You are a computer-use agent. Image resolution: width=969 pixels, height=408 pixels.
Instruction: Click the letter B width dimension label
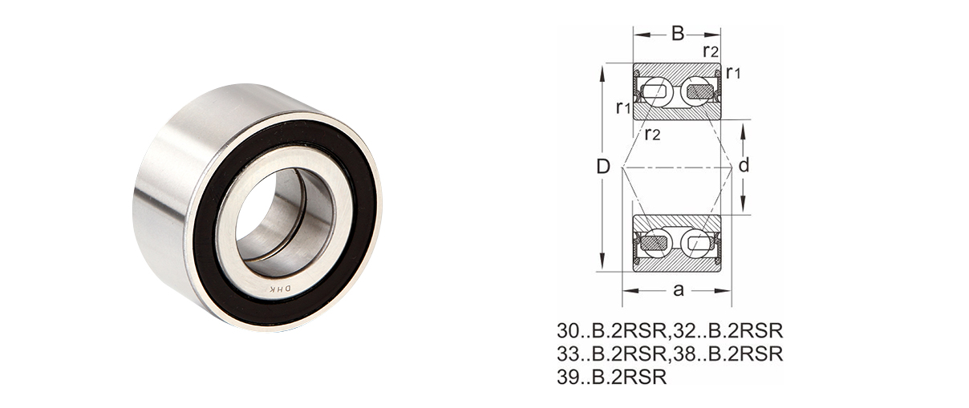click(x=677, y=33)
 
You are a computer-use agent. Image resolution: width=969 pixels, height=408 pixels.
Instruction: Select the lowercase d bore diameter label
click(x=744, y=167)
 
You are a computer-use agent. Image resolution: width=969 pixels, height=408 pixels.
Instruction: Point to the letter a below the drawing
click(x=678, y=289)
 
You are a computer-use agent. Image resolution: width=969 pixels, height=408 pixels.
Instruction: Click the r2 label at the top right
click(x=710, y=51)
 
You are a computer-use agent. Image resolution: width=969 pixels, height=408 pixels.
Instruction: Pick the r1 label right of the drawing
click(x=732, y=73)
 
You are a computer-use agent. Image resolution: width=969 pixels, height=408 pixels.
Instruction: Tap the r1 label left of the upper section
click(x=623, y=107)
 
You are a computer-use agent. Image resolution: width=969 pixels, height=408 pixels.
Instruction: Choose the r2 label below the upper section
click(x=653, y=133)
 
